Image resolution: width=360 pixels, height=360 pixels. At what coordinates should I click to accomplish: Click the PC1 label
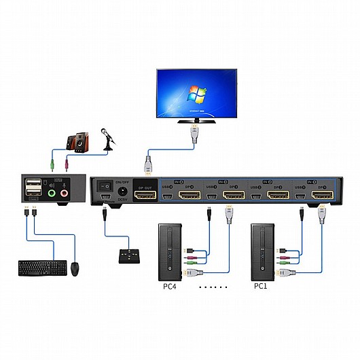(262, 286)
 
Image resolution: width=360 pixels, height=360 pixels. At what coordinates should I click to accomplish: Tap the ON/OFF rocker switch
(105, 184)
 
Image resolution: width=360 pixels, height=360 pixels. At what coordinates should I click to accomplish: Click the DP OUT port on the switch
(145, 196)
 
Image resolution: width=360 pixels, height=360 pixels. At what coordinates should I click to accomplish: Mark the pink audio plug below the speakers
(66, 164)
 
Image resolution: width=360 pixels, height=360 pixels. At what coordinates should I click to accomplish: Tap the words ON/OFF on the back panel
(124, 181)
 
